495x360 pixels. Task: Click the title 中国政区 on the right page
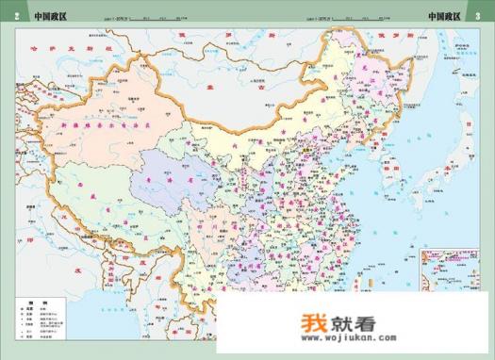tap(444, 16)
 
